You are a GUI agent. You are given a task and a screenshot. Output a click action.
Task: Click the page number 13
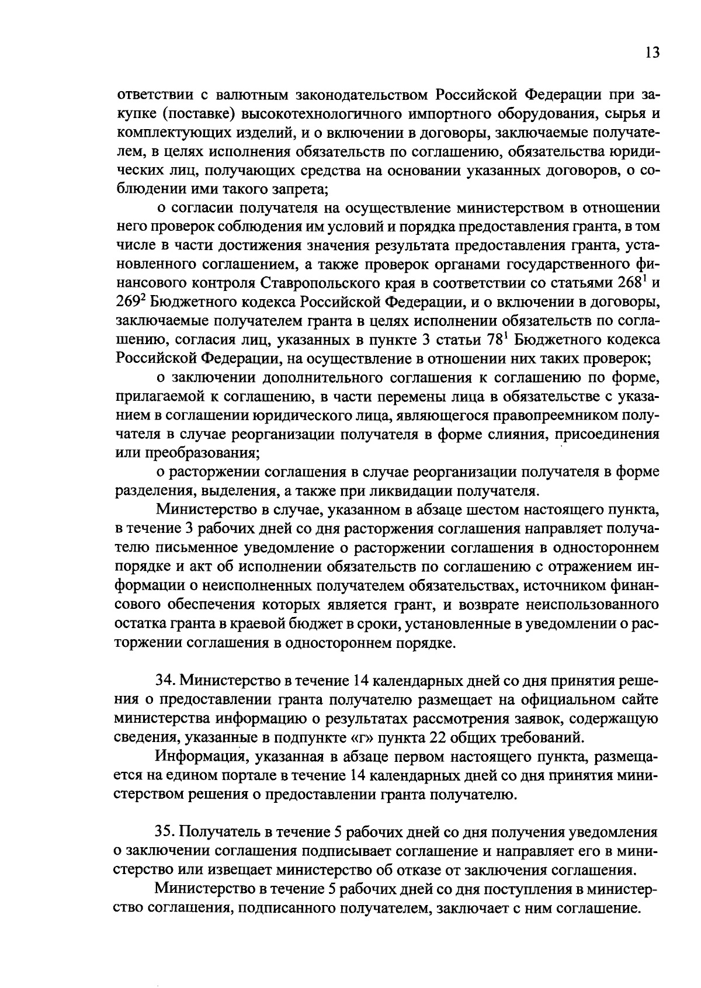tap(652, 53)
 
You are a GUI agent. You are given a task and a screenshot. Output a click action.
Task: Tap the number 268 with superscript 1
tap(633, 283)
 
